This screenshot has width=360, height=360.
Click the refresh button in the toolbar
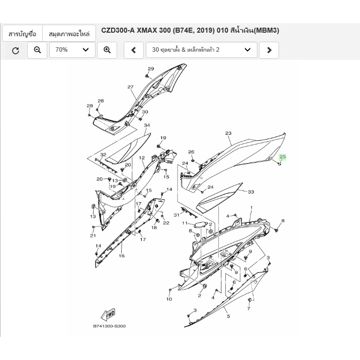16,50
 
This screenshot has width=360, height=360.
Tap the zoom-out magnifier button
37,50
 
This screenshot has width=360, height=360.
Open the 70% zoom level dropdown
72,50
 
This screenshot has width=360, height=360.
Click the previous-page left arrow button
134,50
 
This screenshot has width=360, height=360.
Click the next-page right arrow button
269,50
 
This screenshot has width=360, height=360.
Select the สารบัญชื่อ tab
22,34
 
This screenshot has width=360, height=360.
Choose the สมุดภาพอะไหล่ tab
69,34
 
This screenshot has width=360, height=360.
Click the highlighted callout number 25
283,157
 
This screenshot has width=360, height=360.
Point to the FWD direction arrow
108,314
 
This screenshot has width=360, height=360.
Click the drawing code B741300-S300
109,326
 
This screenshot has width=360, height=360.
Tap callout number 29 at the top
151,69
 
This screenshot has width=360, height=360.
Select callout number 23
228,133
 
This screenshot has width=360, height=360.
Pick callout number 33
251,192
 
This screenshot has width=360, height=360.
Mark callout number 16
122,256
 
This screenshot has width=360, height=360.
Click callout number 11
185,223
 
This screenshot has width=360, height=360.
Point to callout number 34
147,125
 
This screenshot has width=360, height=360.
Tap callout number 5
228,316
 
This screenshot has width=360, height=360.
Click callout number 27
130,87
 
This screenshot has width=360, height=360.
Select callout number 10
169,299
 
